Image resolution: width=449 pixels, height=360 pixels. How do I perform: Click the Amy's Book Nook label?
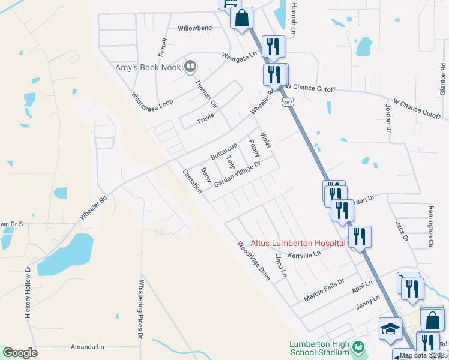(x=146, y=67)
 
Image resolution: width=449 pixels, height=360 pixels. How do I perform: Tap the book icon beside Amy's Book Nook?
(x=190, y=66)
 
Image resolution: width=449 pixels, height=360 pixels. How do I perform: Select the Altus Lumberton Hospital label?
(x=298, y=243)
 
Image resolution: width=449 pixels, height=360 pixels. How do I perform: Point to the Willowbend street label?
(x=195, y=28)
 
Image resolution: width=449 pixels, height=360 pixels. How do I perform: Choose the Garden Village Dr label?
(x=238, y=174)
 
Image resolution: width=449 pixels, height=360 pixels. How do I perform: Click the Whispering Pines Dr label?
(x=140, y=309)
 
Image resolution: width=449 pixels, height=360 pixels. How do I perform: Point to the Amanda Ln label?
(x=88, y=347)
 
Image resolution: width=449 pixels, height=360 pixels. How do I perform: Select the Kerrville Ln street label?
(x=305, y=254)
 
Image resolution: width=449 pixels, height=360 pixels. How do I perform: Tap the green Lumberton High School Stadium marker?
(x=358, y=347)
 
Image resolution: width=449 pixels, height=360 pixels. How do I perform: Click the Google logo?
(x=20, y=352)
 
